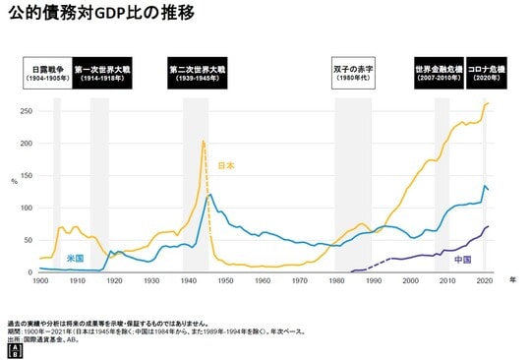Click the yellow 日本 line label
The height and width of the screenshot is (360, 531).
[225, 166]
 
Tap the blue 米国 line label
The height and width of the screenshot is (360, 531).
[75, 258]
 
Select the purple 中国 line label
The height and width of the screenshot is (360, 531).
[463, 260]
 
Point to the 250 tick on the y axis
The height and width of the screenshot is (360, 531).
[26, 111]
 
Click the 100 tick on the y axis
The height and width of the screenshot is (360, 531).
[26, 209]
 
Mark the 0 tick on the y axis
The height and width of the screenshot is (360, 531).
[30, 272]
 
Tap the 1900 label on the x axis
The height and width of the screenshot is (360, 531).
[40, 282]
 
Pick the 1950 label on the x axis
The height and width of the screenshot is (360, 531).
[225, 282]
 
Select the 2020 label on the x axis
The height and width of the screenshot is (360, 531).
[484, 282]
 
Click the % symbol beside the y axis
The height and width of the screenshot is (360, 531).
[14, 181]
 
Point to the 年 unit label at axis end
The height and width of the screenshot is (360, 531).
[513, 280]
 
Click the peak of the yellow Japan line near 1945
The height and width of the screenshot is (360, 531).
[203, 142]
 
